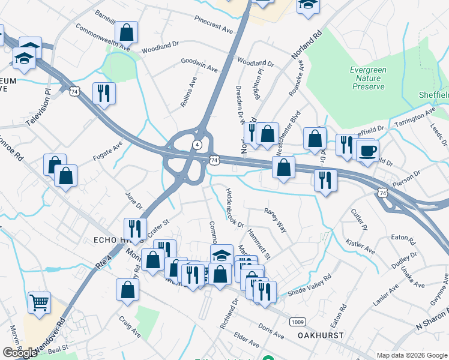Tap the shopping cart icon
tap(39, 302)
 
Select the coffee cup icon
tap(367, 150)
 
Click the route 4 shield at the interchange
tap(197, 145)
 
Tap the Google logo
tap(20, 353)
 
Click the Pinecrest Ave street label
tap(213, 25)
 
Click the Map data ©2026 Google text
tap(412, 355)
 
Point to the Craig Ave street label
tap(129, 327)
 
